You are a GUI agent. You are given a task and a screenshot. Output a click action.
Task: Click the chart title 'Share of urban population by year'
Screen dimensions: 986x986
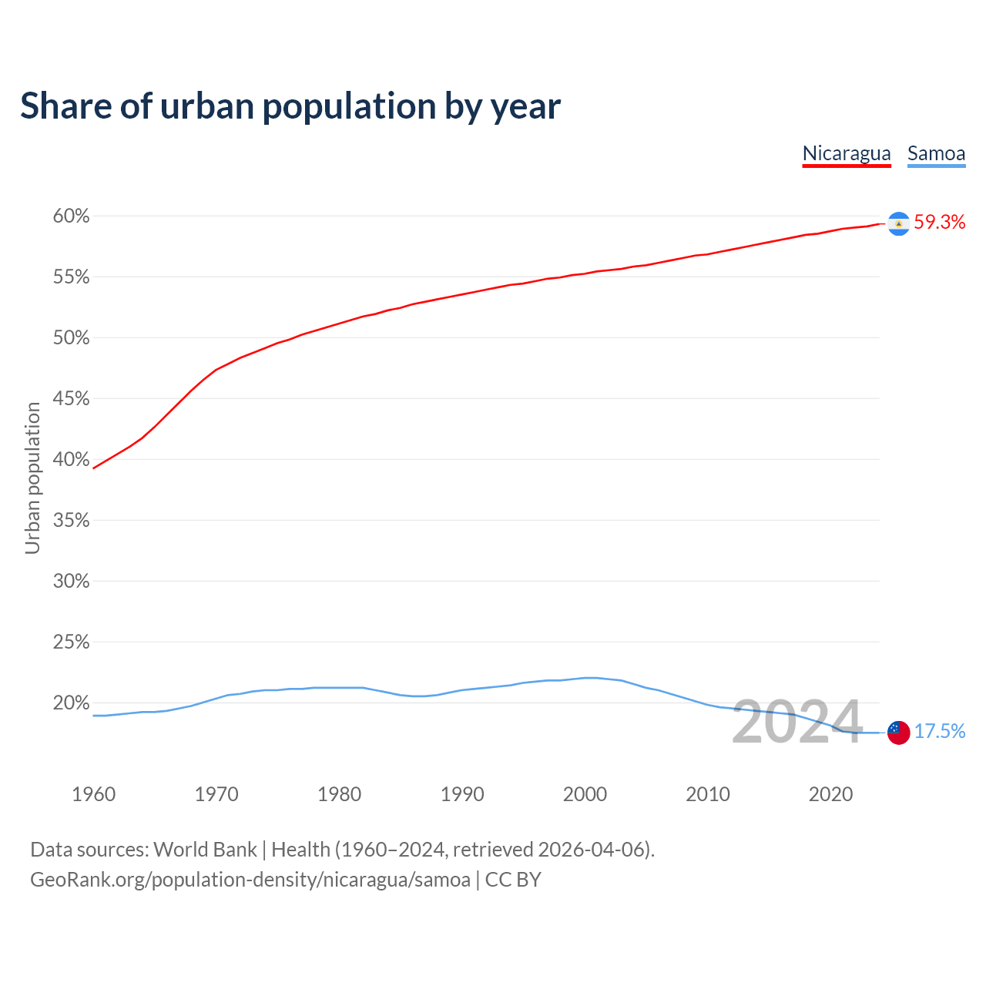(290, 106)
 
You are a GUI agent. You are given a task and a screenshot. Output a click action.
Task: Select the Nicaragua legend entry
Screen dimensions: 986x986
(847, 153)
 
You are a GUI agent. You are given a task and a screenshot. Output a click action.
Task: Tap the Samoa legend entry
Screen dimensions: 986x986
(936, 153)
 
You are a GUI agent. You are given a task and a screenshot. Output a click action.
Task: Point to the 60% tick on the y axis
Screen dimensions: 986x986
(72, 216)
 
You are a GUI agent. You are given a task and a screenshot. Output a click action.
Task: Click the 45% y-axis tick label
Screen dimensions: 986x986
(72, 399)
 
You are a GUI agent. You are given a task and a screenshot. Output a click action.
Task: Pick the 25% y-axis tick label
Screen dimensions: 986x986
(72, 642)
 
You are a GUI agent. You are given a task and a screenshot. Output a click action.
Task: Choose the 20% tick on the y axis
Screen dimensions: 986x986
(72, 703)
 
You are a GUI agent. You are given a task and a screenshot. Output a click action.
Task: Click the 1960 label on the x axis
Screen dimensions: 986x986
(93, 794)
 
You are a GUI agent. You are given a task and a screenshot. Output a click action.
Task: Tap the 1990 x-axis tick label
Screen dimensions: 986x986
(462, 794)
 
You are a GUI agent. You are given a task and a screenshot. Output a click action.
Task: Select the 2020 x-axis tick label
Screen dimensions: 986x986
(830, 794)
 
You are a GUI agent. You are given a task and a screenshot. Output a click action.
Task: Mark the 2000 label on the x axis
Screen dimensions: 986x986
(585, 794)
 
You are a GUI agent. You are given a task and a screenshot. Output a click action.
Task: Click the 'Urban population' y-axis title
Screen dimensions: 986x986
(32, 478)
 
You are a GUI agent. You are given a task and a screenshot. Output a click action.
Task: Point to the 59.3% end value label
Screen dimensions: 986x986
(940, 223)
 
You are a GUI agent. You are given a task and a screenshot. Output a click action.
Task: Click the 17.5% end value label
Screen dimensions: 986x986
(940, 732)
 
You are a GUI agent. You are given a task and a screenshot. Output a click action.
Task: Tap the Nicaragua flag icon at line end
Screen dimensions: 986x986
(898, 223)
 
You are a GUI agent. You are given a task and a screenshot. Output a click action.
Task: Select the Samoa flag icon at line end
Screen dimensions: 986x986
(898, 733)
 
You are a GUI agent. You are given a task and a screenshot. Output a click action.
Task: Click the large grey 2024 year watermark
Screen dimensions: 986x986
(797, 722)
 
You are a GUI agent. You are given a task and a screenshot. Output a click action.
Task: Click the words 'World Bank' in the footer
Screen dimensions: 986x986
(205, 850)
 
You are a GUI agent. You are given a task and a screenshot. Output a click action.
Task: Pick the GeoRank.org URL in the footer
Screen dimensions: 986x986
(250, 880)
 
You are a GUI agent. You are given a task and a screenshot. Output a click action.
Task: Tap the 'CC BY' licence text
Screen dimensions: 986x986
(513, 880)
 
